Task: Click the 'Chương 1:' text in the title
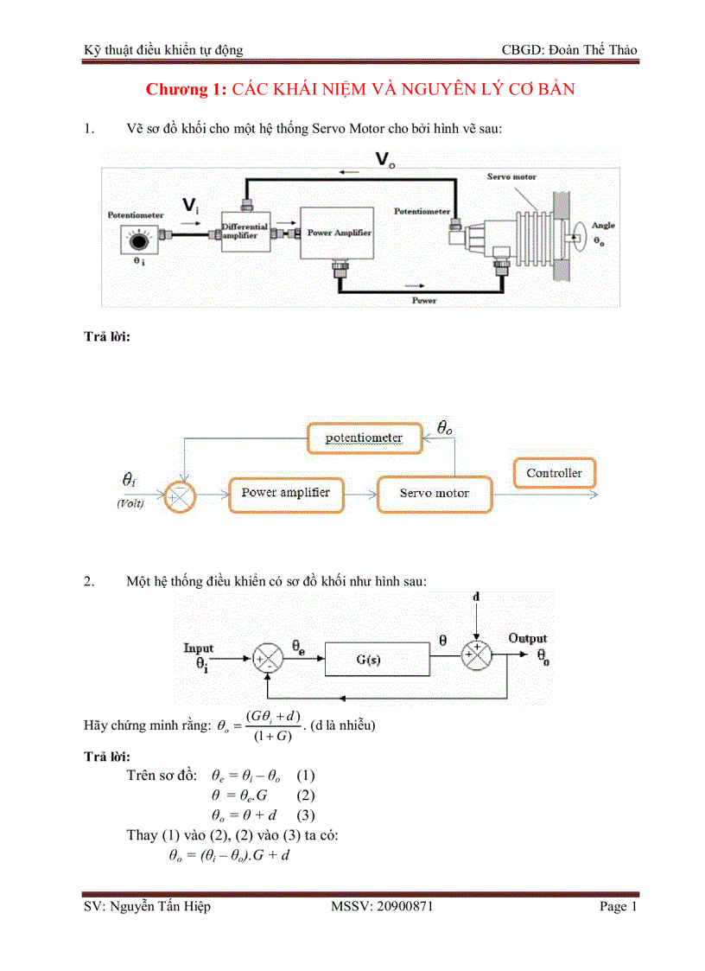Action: (186, 90)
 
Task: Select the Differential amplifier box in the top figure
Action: (245, 230)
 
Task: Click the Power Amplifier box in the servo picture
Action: (336, 233)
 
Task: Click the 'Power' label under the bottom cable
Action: (424, 301)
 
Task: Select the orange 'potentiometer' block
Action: (363, 438)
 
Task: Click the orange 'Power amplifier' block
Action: (284, 493)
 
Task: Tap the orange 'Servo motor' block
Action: (434, 494)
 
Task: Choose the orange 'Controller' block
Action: (554, 474)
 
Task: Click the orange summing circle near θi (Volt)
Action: (181, 495)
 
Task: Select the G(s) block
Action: (377, 660)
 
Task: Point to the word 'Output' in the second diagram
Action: (527, 638)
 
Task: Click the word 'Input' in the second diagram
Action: (199, 648)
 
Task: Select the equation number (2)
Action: (306, 795)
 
